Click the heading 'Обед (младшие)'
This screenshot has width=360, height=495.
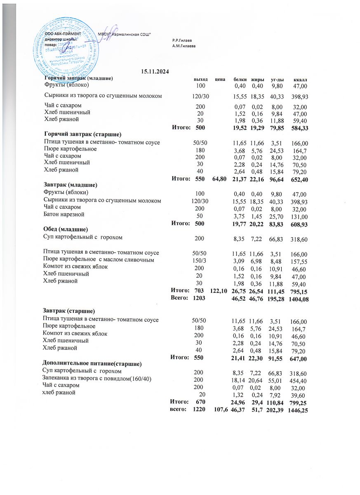pos(66,229)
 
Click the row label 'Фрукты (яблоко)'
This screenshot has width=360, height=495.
pos(66,85)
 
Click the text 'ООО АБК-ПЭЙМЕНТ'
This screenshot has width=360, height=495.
pos(63,33)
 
